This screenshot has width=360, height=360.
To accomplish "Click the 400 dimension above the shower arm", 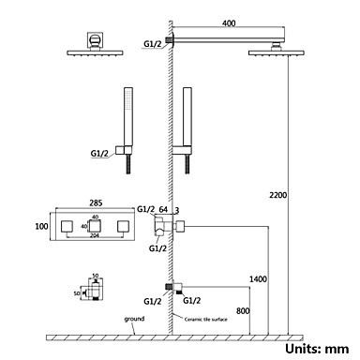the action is [229, 23].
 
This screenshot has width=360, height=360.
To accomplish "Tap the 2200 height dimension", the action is [277, 195].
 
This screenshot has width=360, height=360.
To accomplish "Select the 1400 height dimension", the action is [258, 278].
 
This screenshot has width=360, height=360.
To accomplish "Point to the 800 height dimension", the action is [243, 310].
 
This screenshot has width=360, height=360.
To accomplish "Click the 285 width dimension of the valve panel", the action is [96, 202].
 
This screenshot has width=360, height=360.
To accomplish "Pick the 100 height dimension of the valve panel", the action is [41, 226].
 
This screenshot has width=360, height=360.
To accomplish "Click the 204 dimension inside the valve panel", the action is [94, 235].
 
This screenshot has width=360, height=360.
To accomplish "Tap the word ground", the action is [134, 319].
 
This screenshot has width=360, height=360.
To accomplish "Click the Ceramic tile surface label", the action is [205, 319].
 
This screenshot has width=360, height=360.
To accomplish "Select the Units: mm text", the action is [317, 349].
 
